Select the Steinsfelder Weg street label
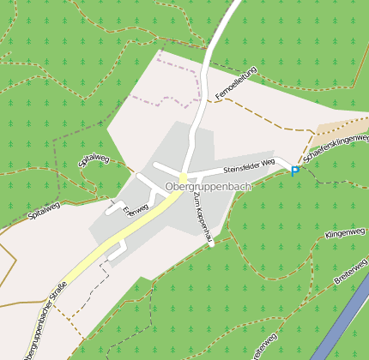tap(248, 162)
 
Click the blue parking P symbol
tap(295, 171)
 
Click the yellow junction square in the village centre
tap(183, 177)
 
